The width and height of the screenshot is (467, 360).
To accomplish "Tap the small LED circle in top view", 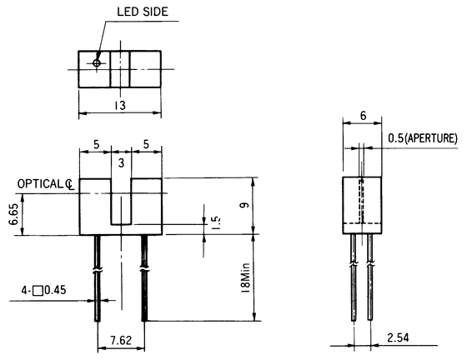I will coord(98,63).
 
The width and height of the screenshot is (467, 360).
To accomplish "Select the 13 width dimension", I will coord(121,107).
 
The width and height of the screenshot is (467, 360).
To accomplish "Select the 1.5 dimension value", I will coord(214,223).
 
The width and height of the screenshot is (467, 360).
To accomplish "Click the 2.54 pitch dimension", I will coord(397,337).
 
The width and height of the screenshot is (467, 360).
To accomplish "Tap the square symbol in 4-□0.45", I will coord(37,292).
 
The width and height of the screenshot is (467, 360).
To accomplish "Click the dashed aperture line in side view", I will coord(360,200).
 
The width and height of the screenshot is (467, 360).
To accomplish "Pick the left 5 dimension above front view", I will coord(95,143).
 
